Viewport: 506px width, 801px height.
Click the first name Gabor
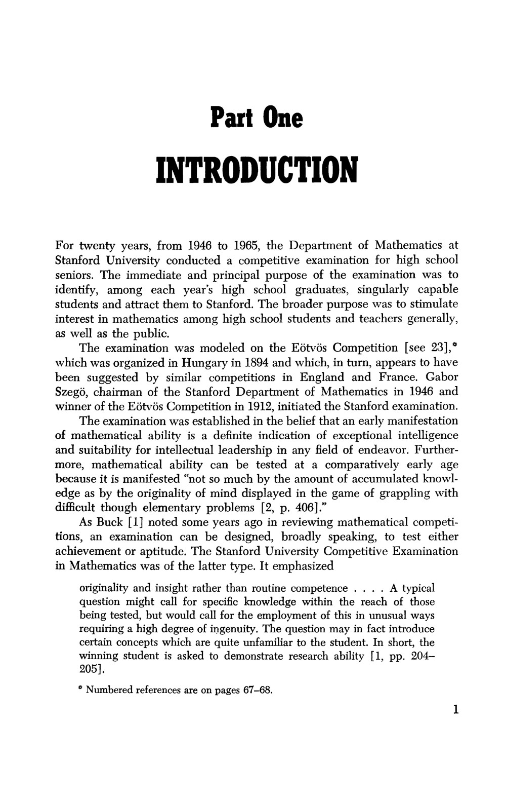coord(442,377)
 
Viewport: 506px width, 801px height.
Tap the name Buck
coord(109,522)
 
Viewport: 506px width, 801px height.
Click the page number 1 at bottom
coord(455,709)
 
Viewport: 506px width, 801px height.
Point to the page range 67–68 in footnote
coord(255,691)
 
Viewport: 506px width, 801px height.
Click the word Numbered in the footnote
coord(110,691)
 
